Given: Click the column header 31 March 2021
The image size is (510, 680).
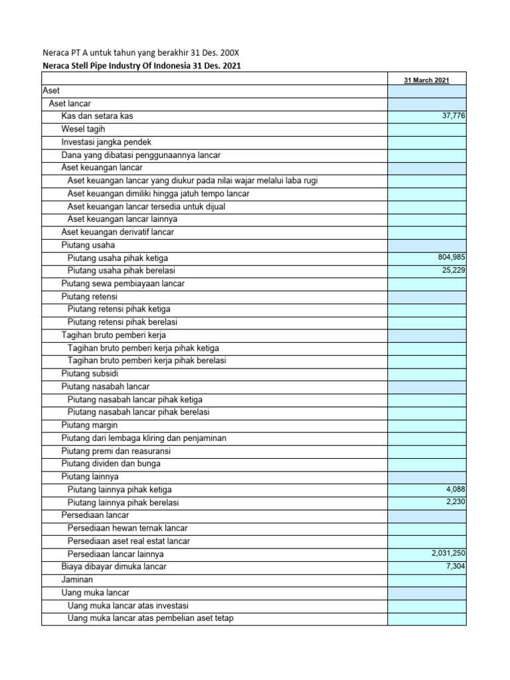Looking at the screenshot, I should tap(426, 80).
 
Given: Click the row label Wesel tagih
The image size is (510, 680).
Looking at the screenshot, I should tap(83, 129).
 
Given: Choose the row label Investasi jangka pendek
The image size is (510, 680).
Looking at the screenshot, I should tap(106, 142).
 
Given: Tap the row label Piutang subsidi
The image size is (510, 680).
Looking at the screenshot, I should tap(90, 373).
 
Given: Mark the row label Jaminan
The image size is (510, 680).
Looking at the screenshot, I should tap(77, 580).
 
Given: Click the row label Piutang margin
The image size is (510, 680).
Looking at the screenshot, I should tap(89, 425).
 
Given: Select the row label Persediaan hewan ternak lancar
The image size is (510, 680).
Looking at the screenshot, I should tap(127, 528).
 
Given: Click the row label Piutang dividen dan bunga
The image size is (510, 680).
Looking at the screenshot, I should tap(111, 464).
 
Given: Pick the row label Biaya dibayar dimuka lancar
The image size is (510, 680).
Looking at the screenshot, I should tap(114, 566).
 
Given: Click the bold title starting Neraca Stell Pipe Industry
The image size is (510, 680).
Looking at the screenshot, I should tap(141, 66).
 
